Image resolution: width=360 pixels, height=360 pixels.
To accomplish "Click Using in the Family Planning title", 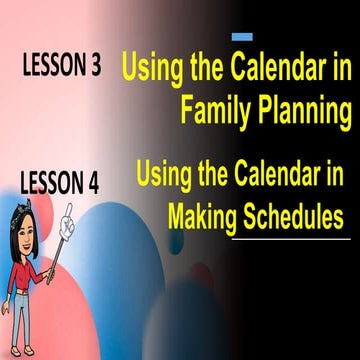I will (151, 70).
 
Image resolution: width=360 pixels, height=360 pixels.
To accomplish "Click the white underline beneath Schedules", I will (290, 239).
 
